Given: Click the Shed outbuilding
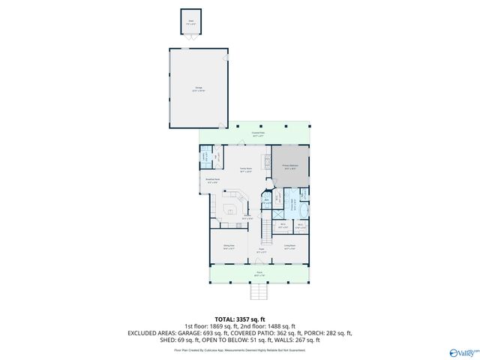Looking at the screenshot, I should click(x=191, y=22).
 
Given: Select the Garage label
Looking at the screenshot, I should click(x=199, y=88).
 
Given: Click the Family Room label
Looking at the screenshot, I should click(x=245, y=169).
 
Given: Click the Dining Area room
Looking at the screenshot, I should click(x=229, y=247).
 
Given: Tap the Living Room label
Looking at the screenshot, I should click(x=289, y=247).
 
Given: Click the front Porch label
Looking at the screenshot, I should click(x=259, y=275).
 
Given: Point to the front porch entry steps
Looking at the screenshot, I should click(x=259, y=292).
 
